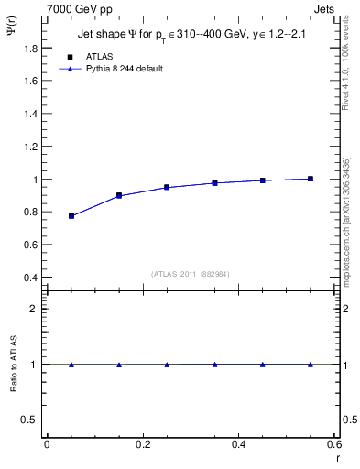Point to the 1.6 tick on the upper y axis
coord(31,81)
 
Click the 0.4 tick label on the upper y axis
coord(31,278)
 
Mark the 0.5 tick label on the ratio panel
coord(30,420)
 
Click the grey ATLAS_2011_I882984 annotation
coord(191,273)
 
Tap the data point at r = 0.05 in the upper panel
coord(71,216)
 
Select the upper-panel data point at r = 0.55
coord(311,179)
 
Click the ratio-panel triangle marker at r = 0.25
coord(167,365)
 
